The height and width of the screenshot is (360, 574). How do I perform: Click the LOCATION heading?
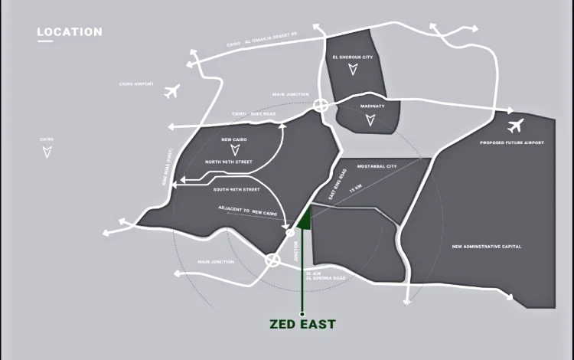click(x=70, y=32)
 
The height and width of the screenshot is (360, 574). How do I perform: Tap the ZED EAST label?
click(x=302, y=324)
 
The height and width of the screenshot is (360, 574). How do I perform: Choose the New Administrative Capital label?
click(x=487, y=247)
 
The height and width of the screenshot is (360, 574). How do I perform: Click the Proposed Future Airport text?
click(x=512, y=142)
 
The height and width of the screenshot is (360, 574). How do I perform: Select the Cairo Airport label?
click(x=137, y=83)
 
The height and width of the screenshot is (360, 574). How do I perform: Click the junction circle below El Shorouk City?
click(x=321, y=106)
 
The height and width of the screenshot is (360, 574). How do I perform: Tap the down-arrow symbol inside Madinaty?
click(x=370, y=119)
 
